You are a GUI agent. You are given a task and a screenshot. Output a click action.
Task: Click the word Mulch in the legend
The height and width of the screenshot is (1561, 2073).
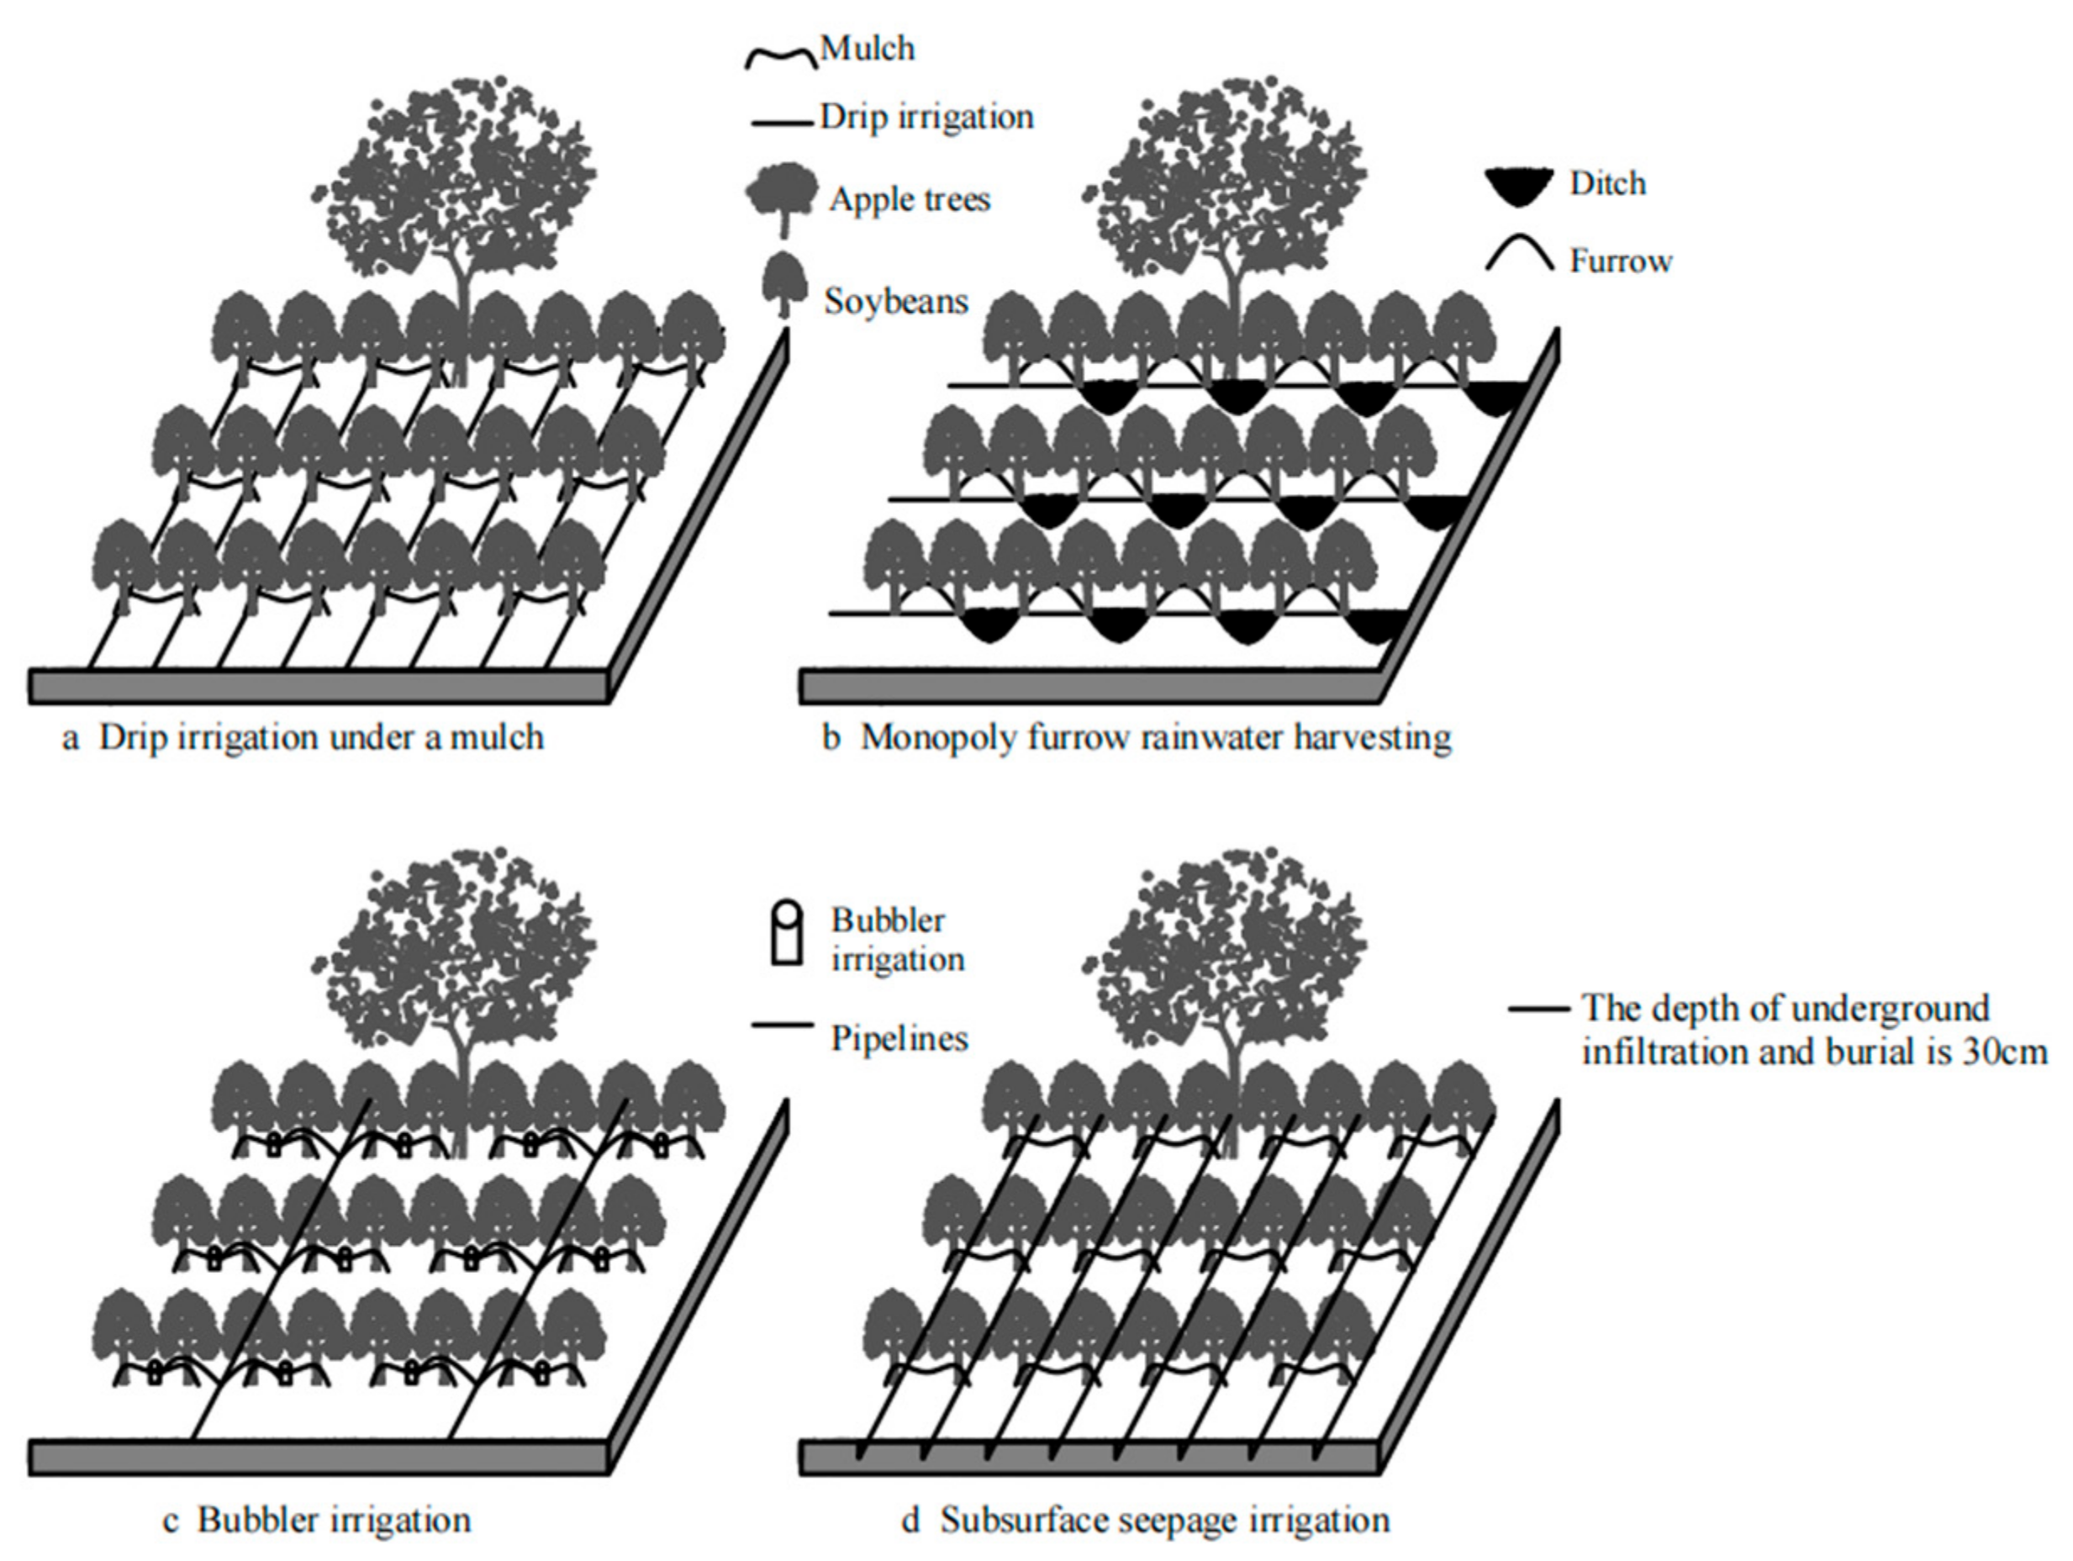point(867,49)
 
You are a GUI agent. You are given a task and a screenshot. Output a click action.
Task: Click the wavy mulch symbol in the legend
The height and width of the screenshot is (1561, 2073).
point(781,59)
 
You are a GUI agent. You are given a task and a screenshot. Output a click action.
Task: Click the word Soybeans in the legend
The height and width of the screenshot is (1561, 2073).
point(895,302)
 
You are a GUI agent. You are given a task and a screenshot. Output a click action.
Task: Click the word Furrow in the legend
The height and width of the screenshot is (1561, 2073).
point(1621,261)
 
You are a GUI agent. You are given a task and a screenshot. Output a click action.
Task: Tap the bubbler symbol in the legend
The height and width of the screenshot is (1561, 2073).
point(786,933)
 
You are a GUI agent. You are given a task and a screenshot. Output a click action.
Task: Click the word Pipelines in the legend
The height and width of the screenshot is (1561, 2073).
point(899,1038)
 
